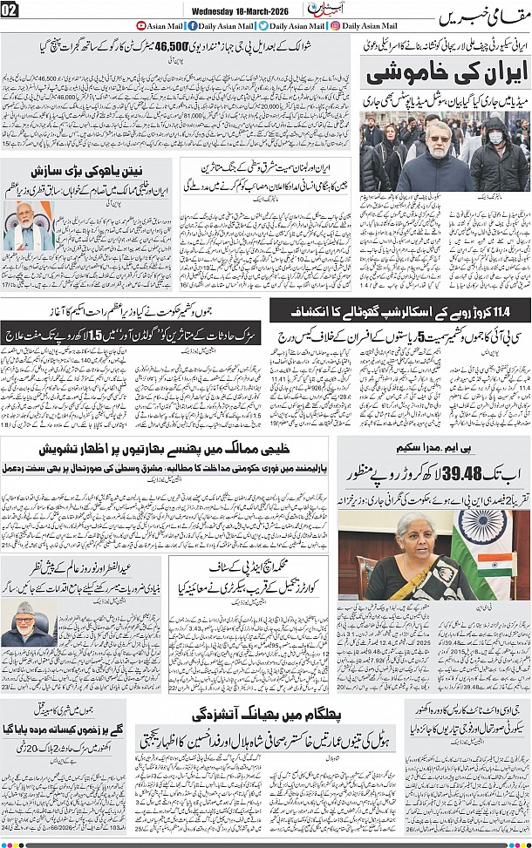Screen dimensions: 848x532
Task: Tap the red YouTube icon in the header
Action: point(142,26)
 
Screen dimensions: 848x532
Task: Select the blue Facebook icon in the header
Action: point(191,26)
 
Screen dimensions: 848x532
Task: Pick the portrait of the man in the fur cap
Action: point(29,620)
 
